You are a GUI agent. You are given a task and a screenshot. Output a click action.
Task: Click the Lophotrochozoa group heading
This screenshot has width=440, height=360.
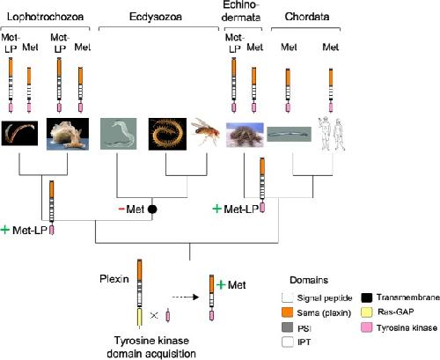click(x=45, y=17)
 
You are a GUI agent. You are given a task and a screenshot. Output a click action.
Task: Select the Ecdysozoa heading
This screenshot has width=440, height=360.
click(x=156, y=17)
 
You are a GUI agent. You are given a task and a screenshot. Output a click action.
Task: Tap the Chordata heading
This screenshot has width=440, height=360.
click(x=307, y=17)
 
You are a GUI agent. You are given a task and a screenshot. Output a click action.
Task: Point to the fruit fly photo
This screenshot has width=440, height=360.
click(x=205, y=132)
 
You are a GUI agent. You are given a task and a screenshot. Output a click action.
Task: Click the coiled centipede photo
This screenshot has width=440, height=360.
click(x=167, y=134)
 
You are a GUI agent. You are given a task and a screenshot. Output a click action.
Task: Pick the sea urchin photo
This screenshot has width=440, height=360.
click(x=245, y=135)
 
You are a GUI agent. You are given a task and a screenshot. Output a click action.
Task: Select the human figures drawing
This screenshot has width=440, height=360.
click(x=332, y=134)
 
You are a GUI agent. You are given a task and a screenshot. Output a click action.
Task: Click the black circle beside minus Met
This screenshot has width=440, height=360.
click(x=152, y=209)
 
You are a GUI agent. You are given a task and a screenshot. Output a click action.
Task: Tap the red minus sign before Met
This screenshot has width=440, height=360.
click(x=121, y=209)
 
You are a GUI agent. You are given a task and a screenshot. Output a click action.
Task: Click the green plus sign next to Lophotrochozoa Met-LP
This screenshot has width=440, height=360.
click(x=5, y=230)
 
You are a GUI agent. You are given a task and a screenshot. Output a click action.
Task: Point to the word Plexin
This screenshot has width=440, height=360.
click(x=114, y=279)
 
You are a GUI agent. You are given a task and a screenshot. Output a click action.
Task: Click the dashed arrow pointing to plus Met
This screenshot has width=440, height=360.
click(x=186, y=298)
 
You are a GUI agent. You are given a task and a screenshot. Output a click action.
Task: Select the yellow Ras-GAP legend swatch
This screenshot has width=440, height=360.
click(x=367, y=312)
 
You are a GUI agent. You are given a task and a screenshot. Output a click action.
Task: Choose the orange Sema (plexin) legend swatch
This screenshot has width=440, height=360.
click(x=287, y=312)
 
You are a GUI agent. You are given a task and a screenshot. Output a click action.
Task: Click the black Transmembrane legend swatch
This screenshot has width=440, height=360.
click(x=367, y=298)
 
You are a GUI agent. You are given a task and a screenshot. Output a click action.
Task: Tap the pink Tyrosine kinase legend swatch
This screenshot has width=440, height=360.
click(x=367, y=327)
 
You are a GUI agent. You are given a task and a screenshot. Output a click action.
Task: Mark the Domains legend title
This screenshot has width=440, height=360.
click(x=309, y=280)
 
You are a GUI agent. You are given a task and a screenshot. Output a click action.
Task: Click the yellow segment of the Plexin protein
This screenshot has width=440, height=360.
click(x=140, y=317)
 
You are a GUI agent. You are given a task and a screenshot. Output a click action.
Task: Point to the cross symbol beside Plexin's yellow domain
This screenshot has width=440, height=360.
click(x=154, y=316)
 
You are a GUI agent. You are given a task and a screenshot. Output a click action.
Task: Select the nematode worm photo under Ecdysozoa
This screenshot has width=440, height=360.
click(x=119, y=134)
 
